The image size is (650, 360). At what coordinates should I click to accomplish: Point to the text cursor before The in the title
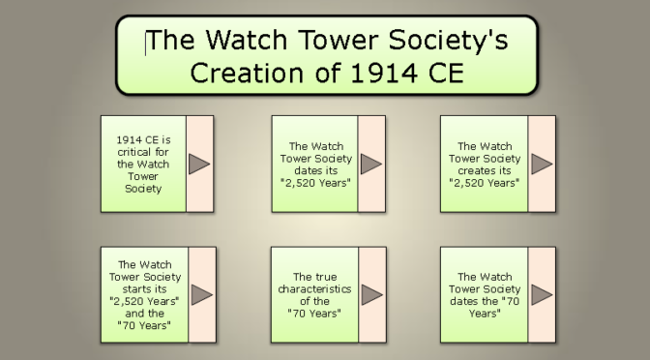147,42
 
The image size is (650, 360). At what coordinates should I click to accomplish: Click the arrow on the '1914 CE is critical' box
199,164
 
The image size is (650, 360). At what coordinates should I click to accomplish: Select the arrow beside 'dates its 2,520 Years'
371,164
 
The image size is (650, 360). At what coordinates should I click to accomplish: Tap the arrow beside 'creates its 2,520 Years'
542,164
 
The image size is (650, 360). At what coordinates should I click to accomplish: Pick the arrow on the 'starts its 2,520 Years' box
200,294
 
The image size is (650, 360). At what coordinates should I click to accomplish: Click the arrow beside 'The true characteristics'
371,294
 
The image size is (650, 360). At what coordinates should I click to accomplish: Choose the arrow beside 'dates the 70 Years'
542,294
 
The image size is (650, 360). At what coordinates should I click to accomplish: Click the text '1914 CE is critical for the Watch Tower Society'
142,164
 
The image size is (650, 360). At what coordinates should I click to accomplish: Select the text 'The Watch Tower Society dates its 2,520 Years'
314,164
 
